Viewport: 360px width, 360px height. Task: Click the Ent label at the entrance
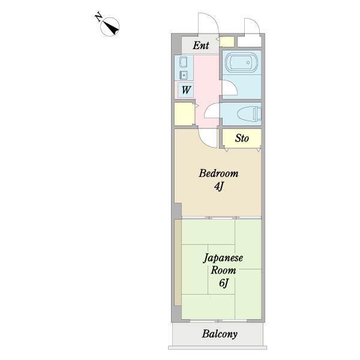(201, 46)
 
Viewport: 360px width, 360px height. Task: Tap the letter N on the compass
(99, 16)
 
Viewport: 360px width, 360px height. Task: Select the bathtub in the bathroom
(241, 62)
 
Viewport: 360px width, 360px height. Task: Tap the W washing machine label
(186, 90)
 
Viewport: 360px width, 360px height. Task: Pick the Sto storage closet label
(242, 138)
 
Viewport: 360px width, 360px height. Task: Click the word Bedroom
(218, 173)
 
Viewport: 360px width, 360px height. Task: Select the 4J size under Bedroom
(219, 187)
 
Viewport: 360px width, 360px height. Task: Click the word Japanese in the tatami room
(223, 258)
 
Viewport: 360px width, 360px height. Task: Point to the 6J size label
(224, 283)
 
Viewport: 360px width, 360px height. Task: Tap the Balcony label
(220, 334)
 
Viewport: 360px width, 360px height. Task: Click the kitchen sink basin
(184, 75)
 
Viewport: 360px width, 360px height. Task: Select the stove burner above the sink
(184, 62)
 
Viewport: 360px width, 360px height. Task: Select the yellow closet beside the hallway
(184, 114)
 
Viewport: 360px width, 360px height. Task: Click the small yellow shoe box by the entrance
(227, 42)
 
